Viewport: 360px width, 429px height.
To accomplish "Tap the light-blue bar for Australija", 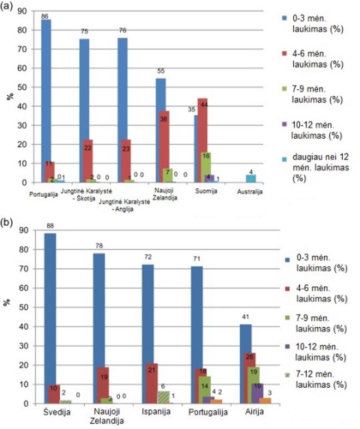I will coord(251,178).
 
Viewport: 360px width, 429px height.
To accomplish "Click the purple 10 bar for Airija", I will coord(257,393).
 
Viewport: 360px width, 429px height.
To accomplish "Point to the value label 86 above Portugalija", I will coord(45,16).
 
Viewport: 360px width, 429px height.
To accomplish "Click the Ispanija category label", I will coord(155,413).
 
